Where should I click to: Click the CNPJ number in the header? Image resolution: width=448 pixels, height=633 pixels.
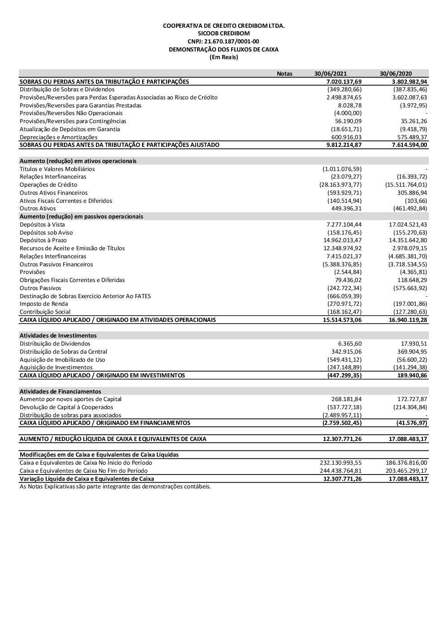224,42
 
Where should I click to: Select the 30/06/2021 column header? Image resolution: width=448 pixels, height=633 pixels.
330,74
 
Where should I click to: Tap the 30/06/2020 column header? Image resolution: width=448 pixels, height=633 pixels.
396,74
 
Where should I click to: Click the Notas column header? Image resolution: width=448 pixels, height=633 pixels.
284,74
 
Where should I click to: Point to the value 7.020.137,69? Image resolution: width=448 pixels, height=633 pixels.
344,81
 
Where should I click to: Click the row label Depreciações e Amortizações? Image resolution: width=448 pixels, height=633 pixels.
58,137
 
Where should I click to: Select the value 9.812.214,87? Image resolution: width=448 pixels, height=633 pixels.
344,145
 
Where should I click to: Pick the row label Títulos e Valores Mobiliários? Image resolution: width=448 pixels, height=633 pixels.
57,169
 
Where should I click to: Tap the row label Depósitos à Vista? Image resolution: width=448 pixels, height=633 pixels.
42,224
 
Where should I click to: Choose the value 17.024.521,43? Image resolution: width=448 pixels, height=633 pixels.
408,224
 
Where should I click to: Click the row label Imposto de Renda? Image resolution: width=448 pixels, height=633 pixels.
44,304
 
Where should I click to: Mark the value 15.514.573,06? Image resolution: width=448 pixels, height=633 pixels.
342,320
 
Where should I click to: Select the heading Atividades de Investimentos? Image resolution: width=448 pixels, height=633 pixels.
58,335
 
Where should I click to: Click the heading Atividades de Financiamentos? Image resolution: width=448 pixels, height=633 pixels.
60,391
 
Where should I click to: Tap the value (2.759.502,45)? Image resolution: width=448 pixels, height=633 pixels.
342,423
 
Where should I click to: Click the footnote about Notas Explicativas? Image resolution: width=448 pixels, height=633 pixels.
115,487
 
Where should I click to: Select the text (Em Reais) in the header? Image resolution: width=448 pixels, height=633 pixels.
224,57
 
